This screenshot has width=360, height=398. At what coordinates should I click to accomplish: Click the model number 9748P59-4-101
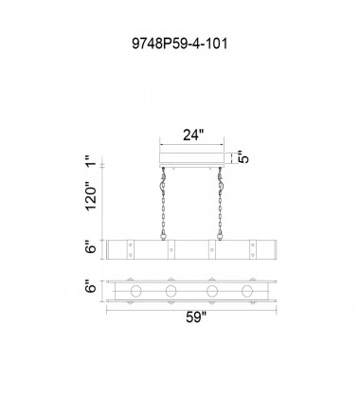pos(180,44)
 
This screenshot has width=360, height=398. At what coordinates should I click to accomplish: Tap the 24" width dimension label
pos(191,136)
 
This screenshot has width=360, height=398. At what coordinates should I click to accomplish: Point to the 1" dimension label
pos(91,160)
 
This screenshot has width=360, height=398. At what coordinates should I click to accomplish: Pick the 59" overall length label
pos(196,317)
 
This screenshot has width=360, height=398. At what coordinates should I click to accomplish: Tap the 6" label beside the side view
pos(91,247)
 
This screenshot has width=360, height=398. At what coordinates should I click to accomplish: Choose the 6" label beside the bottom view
pos(91,287)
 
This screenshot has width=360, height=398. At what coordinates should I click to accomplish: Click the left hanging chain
pos(163,204)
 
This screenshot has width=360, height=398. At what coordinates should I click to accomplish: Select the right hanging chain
pos(220,204)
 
